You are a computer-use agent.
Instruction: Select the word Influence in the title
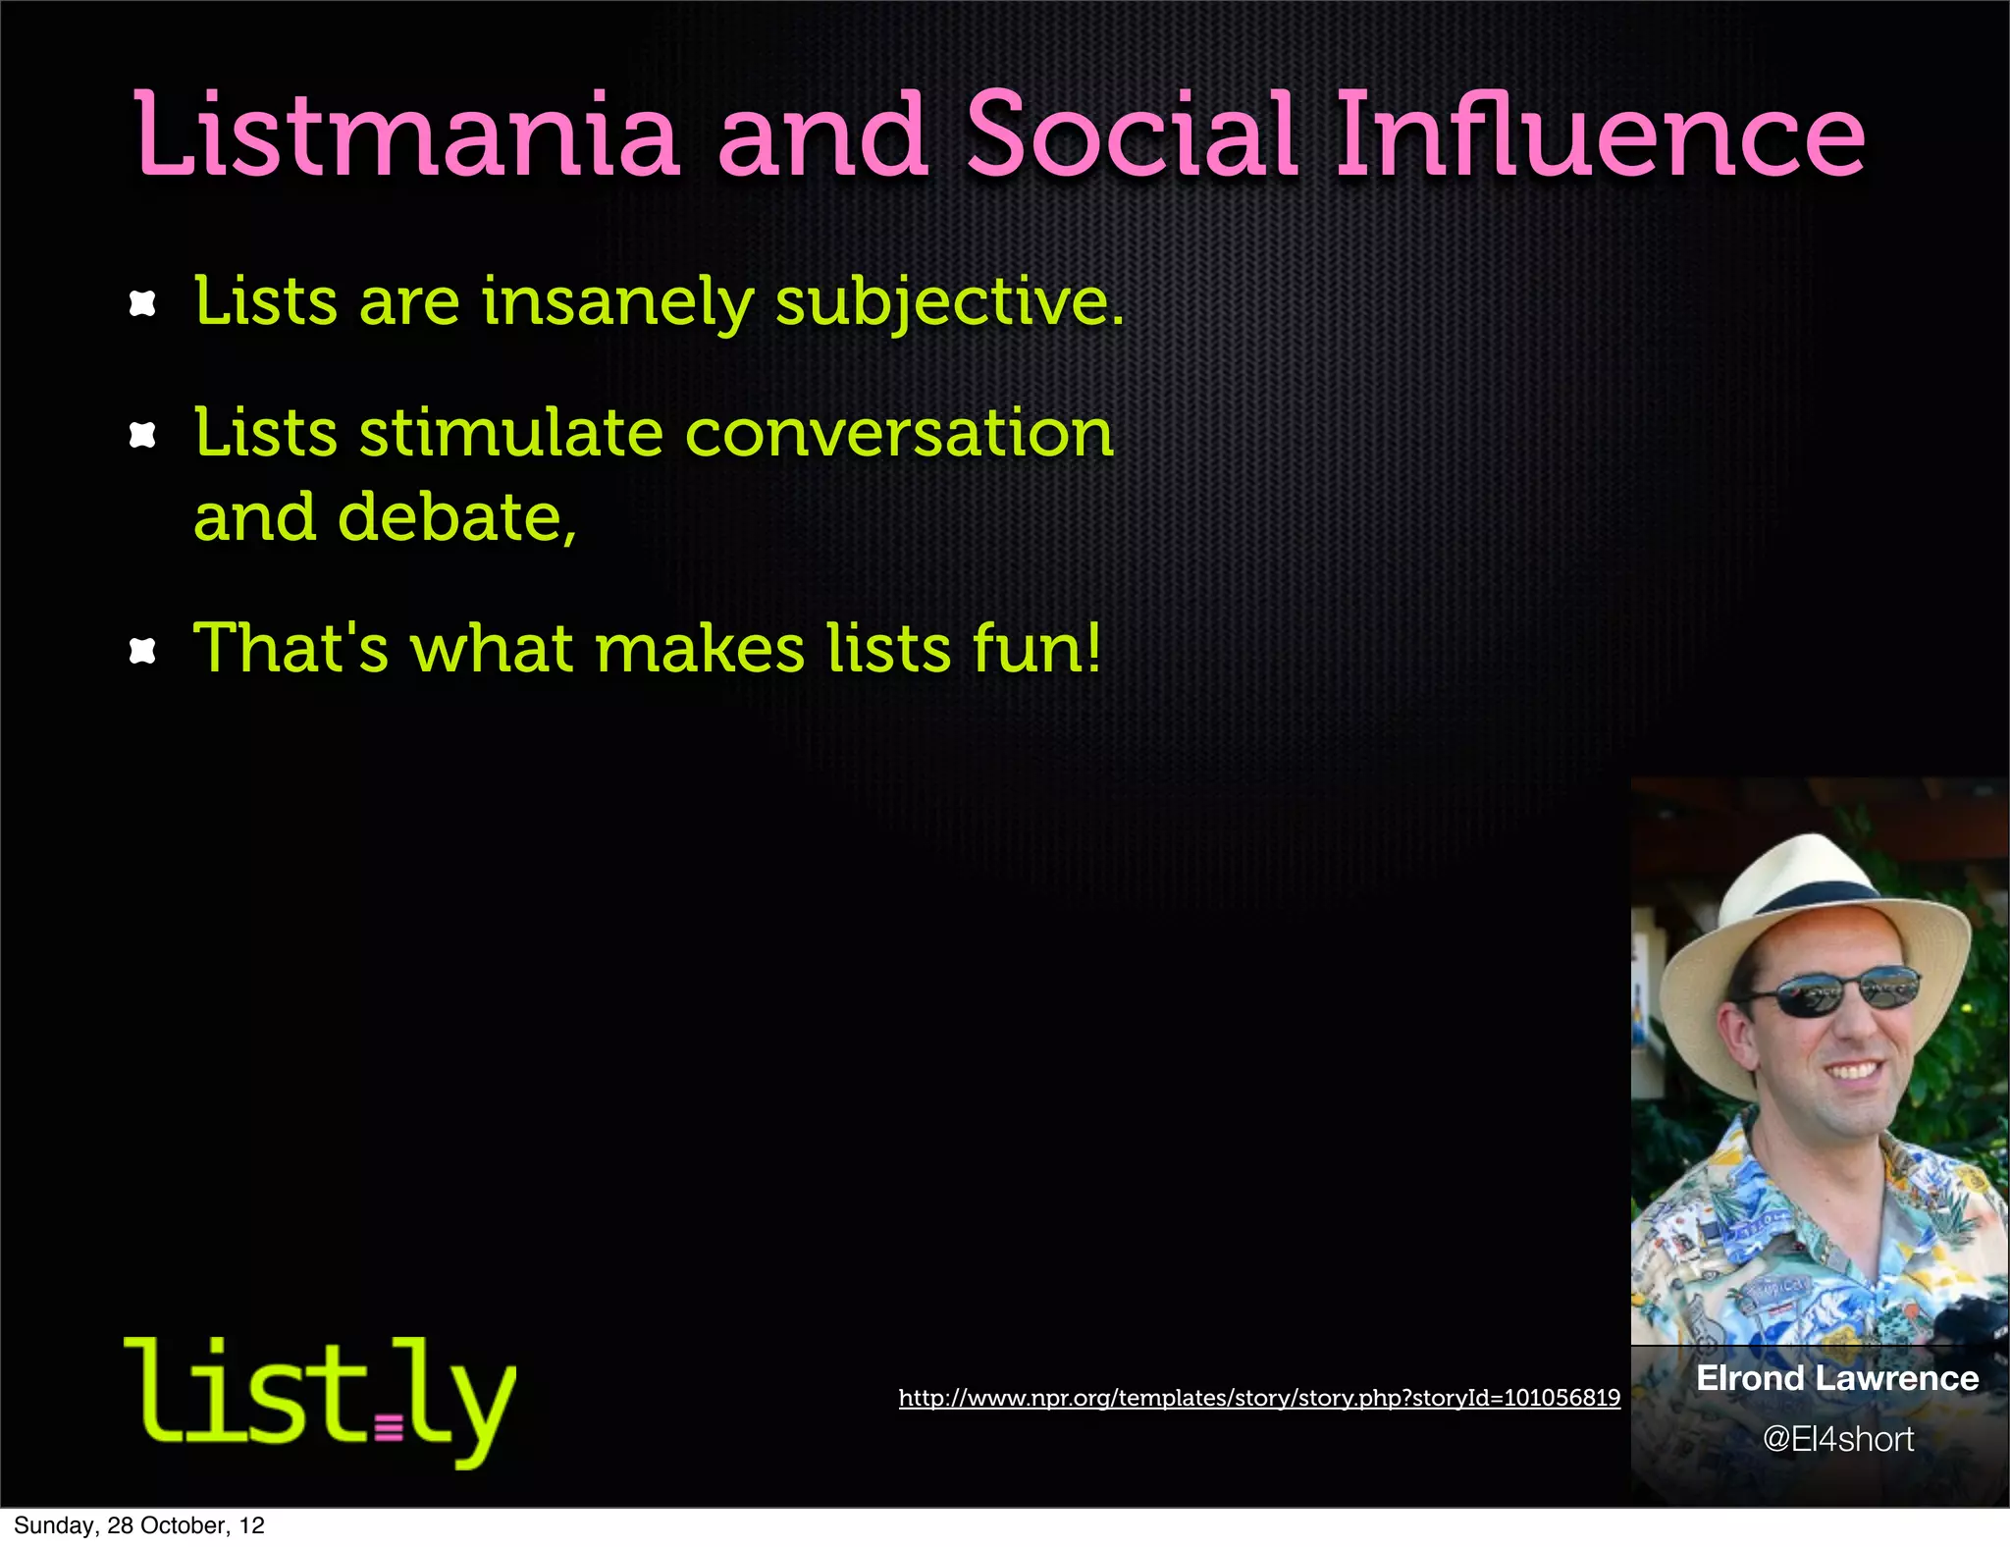pyautogui.click(x=1600, y=135)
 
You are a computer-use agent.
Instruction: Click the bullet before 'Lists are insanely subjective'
pyautogui.click(x=143, y=304)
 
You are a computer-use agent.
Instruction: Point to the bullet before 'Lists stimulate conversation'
pyautogui.click(x=143, y=435)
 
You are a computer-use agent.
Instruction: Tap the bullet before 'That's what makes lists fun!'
pyautogui.click(x=143, y=651)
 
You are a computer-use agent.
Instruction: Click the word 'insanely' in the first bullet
pyautogui.click(x=617, y=302)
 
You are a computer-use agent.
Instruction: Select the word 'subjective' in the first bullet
pyautogui.click(x=947, y=302)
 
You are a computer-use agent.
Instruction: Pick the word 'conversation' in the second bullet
pyautogui.click(x=899, y=433)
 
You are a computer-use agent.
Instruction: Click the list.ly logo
pyautogui.click(x=320, y=1398)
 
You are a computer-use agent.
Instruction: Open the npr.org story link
pyautogui.click(x=1259, y=1398)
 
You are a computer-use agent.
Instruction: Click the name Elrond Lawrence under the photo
pyautogui.click(x=1837, y=1378)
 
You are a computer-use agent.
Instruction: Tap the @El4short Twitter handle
pyautogui.click(x=1837, y=1439)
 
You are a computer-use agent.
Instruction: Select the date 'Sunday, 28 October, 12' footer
pyautogui.click(x=139, y=1525)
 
